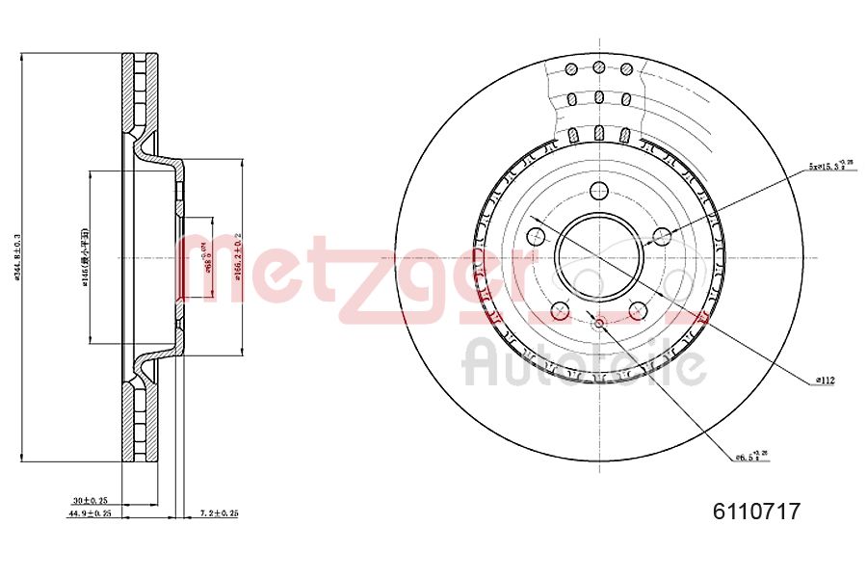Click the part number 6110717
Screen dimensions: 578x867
pos(756,512)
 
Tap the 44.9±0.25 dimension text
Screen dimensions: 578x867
pos(90,513)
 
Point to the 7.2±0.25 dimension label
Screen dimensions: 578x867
pos(219,513)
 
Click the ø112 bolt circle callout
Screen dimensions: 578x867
pos(825,381)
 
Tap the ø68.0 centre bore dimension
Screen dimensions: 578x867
pos(205,257)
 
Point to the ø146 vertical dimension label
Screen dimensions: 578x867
pos(86,257)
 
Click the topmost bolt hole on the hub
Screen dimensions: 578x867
pos(598,190)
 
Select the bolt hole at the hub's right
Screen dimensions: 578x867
pos(662,236)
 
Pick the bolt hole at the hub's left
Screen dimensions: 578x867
pos(536,236)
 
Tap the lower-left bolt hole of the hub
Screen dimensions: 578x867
pos(560,310)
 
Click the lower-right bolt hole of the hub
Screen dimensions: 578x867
pos(638,310)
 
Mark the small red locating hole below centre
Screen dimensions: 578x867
pos(598,323)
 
